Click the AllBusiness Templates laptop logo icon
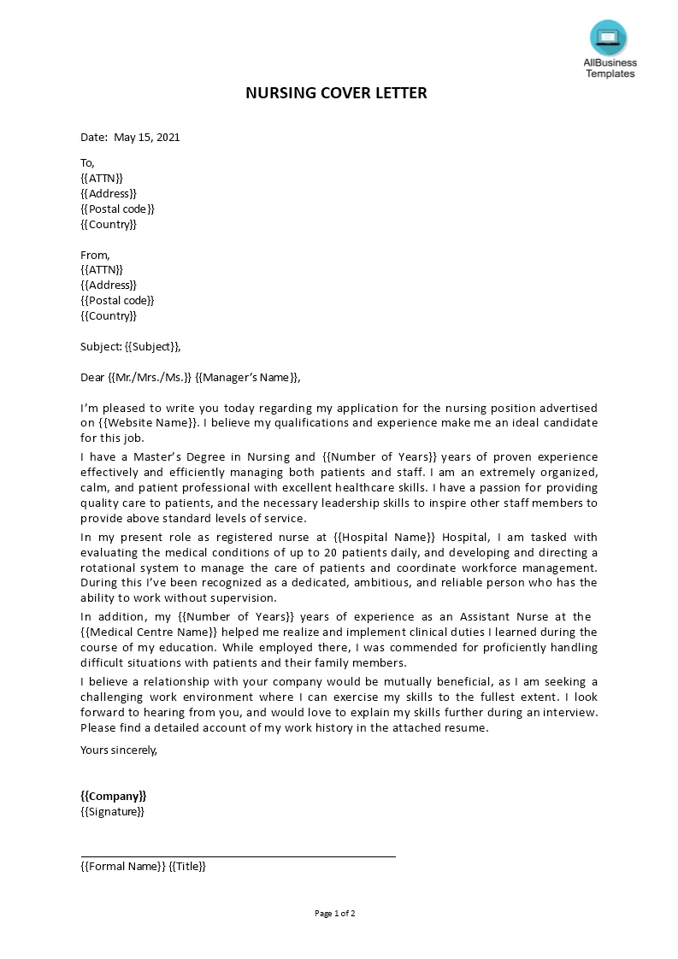click(608, 38)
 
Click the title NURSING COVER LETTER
click(336, 92)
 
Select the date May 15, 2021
click(146, 137)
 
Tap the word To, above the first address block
click(87, 162)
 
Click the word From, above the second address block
click(95, 255)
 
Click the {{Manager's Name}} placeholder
click(247, 377)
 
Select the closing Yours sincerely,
click(119, 750)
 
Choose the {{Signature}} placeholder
click(112, 811)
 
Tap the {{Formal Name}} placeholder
click(122, 866)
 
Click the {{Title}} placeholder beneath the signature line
click(187, 866)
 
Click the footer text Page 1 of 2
click(335, 913)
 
